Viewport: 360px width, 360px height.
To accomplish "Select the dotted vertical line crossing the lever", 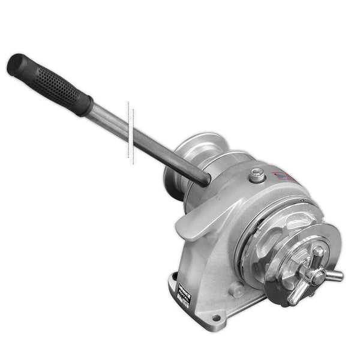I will (x=129, y=132).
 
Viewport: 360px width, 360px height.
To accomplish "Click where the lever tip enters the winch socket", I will (x=204, y=176).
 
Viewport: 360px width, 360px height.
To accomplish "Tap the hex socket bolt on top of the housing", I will (x=257, y=175).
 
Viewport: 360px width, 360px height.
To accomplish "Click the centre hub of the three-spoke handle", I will (x=313, y=273).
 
